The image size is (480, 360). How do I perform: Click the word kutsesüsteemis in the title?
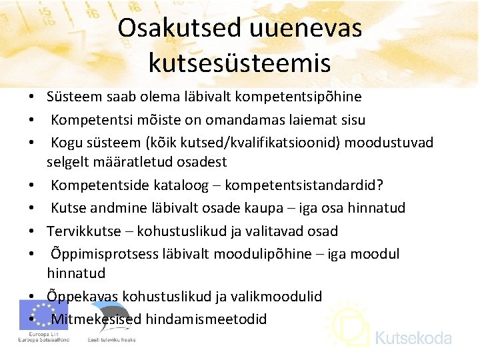click(239, 63)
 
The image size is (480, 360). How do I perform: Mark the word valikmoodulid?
click(279, 296)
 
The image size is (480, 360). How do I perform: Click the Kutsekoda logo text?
click(413, 338)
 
